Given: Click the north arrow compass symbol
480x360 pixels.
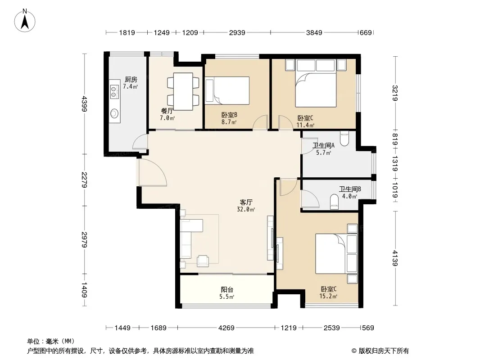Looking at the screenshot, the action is click(25, 21).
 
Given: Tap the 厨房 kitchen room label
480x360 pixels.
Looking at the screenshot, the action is click(131, 80).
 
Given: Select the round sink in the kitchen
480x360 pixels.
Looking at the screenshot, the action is click(114, 113).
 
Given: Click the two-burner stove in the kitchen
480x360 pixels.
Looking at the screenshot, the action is click(114, 92).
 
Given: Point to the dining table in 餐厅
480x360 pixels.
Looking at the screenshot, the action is click(183, 91).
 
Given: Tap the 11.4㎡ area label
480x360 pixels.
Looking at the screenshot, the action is click(305, 125).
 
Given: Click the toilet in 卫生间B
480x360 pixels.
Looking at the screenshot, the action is click(334, 202).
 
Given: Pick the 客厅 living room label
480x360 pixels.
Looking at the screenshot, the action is click(246, 202).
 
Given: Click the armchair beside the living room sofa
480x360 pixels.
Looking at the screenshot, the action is click(203, 260).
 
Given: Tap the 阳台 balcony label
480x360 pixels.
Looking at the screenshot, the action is click(227, 289).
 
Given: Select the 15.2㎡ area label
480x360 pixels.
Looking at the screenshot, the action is click(328, 296).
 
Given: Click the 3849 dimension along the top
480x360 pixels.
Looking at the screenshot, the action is click(314, 32).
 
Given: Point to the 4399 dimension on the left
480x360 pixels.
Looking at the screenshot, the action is click(85, 104).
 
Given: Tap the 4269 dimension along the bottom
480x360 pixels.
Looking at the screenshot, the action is click(226, 328).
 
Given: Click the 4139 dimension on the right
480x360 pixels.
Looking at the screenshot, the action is click(395, 258).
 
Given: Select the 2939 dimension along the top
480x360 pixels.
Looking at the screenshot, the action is click(237, 32).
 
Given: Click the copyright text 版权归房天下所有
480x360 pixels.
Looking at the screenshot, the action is click(384, 351).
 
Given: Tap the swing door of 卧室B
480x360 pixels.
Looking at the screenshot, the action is click(260, 122).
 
